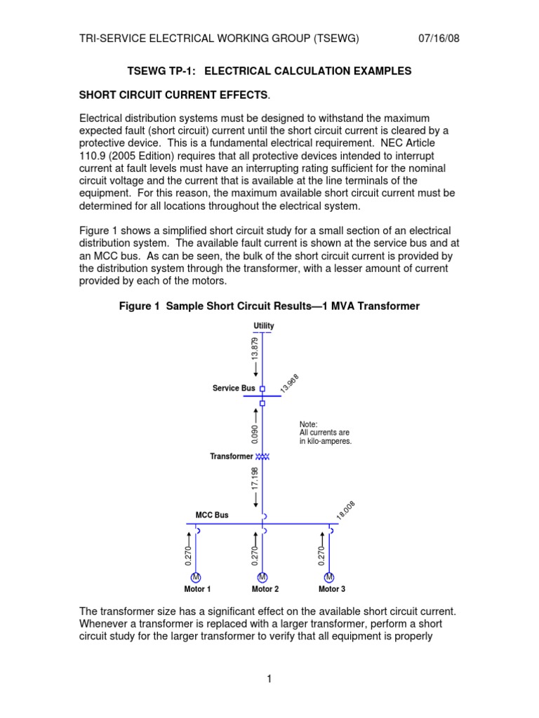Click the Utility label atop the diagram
264,326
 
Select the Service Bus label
234,388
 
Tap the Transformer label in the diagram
231,456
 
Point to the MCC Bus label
212,515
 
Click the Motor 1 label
197,590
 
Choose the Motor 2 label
265,590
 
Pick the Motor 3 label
331,590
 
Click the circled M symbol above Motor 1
196,577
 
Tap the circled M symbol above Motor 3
328,577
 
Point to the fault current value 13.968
289,384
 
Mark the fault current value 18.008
346,510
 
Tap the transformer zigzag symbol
262,456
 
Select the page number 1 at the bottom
269,679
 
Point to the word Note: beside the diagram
308,424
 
